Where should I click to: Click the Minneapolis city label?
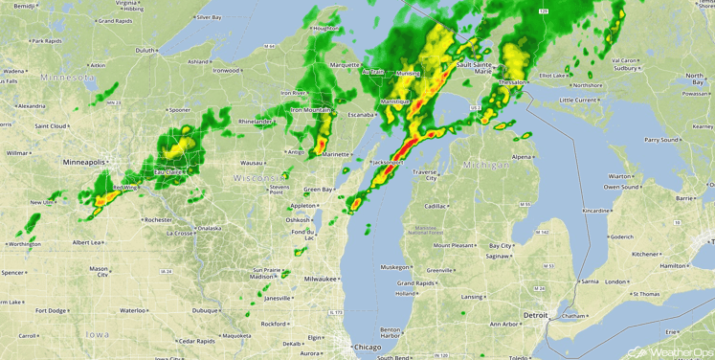coord(84,163)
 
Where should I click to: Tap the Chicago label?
coord(367,346)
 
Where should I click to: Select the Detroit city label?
coord(536,315)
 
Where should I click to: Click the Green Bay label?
coord(318,190)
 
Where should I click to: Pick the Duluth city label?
coord(145,50)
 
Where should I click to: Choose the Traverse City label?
coord(425,174)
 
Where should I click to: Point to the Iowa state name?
coord(97,334)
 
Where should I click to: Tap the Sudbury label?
coord(626,69)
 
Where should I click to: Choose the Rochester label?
coord(157,220)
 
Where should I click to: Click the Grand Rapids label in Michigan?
coord(417,283)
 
